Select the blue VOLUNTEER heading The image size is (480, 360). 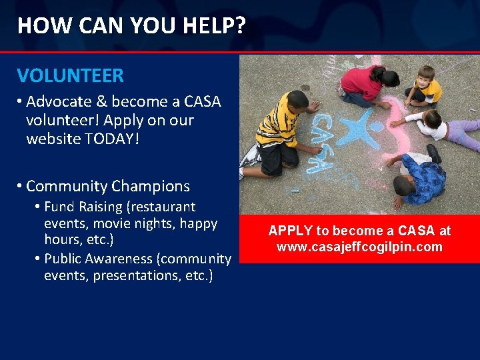tap(70, 75)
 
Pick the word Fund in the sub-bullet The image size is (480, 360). tap(59, 207)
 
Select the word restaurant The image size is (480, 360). tap(163, 207)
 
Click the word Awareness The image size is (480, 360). tap(116, 258)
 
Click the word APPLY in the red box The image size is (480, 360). tap(290, 231)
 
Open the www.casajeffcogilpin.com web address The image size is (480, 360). tap(359, 247)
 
